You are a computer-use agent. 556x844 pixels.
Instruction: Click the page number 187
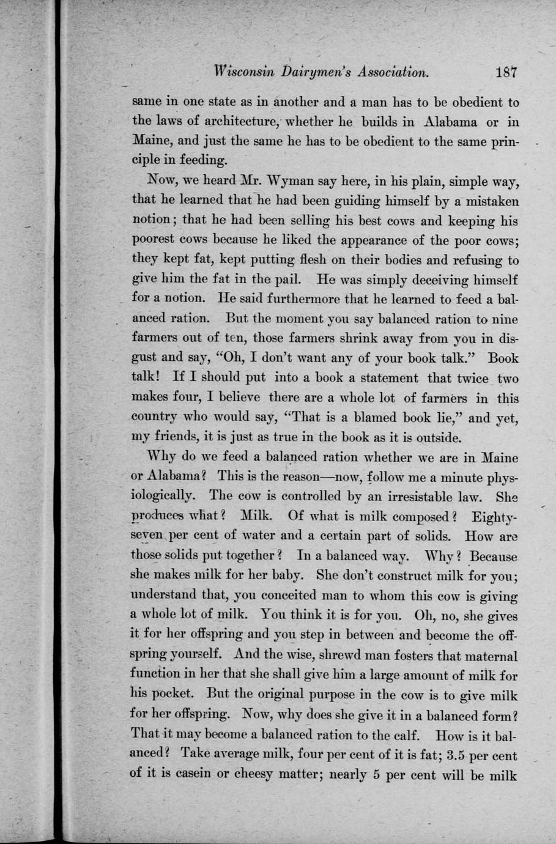(507, 72)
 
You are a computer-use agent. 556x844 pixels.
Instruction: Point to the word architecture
(234, 122)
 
